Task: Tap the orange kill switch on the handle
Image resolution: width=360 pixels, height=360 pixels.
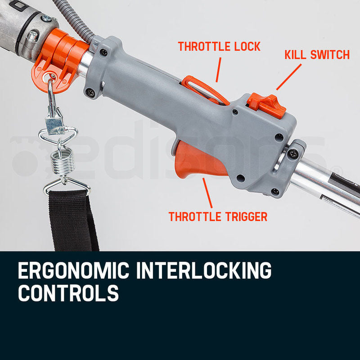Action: [x=266, y=104]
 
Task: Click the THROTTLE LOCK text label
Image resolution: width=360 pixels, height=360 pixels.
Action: [x=219, y=46]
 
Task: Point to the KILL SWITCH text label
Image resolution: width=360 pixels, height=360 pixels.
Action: [x=317, y=55]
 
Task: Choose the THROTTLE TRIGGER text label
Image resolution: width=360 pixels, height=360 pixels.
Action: [x=218, y=216]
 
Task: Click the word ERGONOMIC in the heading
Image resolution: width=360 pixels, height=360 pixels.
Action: [x=72, y=272]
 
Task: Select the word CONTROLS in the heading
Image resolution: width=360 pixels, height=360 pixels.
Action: [x=68, y=293]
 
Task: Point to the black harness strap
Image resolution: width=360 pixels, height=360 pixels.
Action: [x=74, y=220]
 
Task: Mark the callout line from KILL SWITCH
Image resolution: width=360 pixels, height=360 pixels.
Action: [x=288, y=76]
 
